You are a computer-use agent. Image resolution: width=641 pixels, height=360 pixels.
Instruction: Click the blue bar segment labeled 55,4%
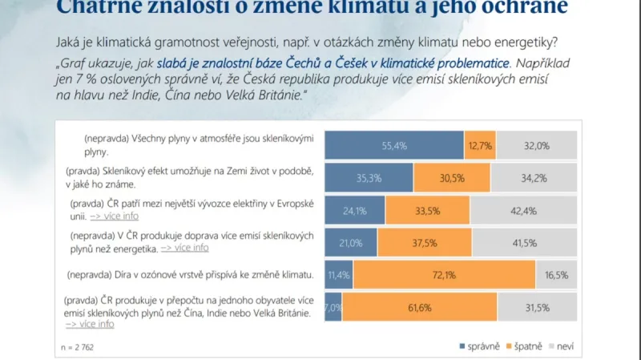393,145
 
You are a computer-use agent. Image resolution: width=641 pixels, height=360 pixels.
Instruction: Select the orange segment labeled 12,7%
479,145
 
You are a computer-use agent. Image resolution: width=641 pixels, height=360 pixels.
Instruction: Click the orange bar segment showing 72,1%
444,274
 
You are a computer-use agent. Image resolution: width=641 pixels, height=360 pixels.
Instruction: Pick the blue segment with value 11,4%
338,274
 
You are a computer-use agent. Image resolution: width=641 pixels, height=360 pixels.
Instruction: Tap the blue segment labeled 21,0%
350,242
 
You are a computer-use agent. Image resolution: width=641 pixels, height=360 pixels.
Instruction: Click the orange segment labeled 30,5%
451,177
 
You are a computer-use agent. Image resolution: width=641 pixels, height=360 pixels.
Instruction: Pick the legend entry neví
565,346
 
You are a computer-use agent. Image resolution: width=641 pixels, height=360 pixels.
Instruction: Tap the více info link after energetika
185,248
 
